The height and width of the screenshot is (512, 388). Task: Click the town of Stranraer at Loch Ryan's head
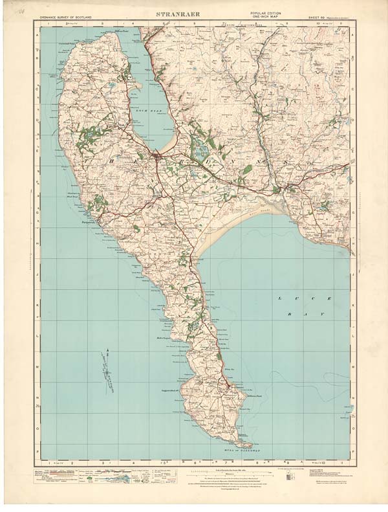pos(159,157)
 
